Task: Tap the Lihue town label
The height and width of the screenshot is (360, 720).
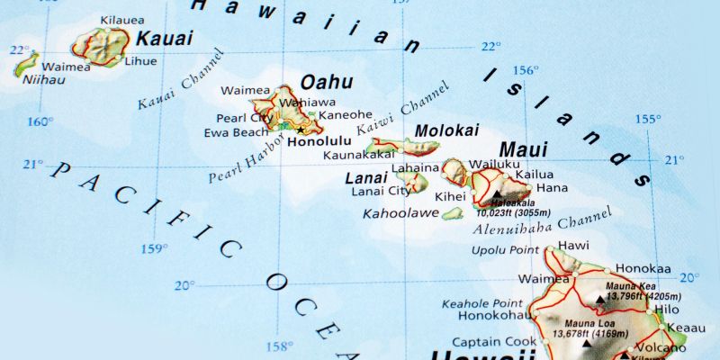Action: [141, 61]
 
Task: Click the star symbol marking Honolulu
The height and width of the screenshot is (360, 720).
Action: [301, 130]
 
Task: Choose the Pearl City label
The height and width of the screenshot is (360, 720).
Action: [245, 118]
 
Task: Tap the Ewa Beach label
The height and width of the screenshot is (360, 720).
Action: [237, 132]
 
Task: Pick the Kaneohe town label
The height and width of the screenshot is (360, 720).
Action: [346, 115]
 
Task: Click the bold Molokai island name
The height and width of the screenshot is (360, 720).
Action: [446, 130]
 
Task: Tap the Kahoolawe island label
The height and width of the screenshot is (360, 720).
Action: [400, 214]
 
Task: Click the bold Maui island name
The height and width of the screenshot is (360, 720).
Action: [523, 148]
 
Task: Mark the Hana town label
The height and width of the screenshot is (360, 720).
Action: [552, 188]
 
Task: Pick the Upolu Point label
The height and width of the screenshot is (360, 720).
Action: [507, 249]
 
